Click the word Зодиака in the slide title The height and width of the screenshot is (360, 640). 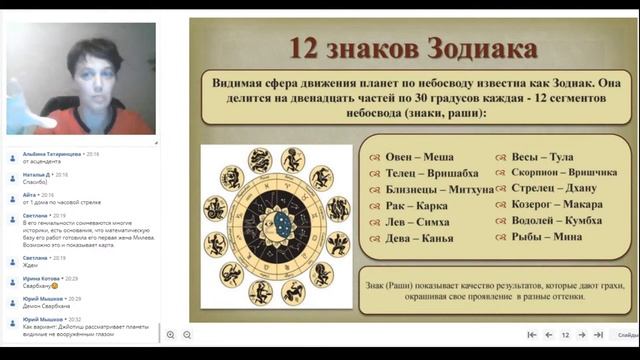point(485,48)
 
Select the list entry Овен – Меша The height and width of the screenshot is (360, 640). point(417,157)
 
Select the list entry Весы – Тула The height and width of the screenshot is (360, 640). point(541,157)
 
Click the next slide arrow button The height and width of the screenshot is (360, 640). point(582,335)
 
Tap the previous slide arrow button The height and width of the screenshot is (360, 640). point(548,335)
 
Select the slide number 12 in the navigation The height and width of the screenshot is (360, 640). point(565,335)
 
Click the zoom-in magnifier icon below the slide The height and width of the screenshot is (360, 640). point(171,335)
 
